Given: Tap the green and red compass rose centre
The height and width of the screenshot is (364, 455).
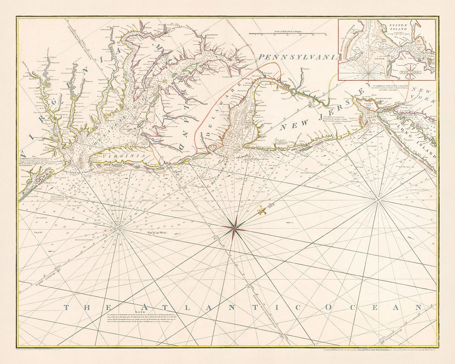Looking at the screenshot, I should click(235, 229).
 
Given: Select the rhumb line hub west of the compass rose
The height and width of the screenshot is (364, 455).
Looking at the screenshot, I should click(119, 230).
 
